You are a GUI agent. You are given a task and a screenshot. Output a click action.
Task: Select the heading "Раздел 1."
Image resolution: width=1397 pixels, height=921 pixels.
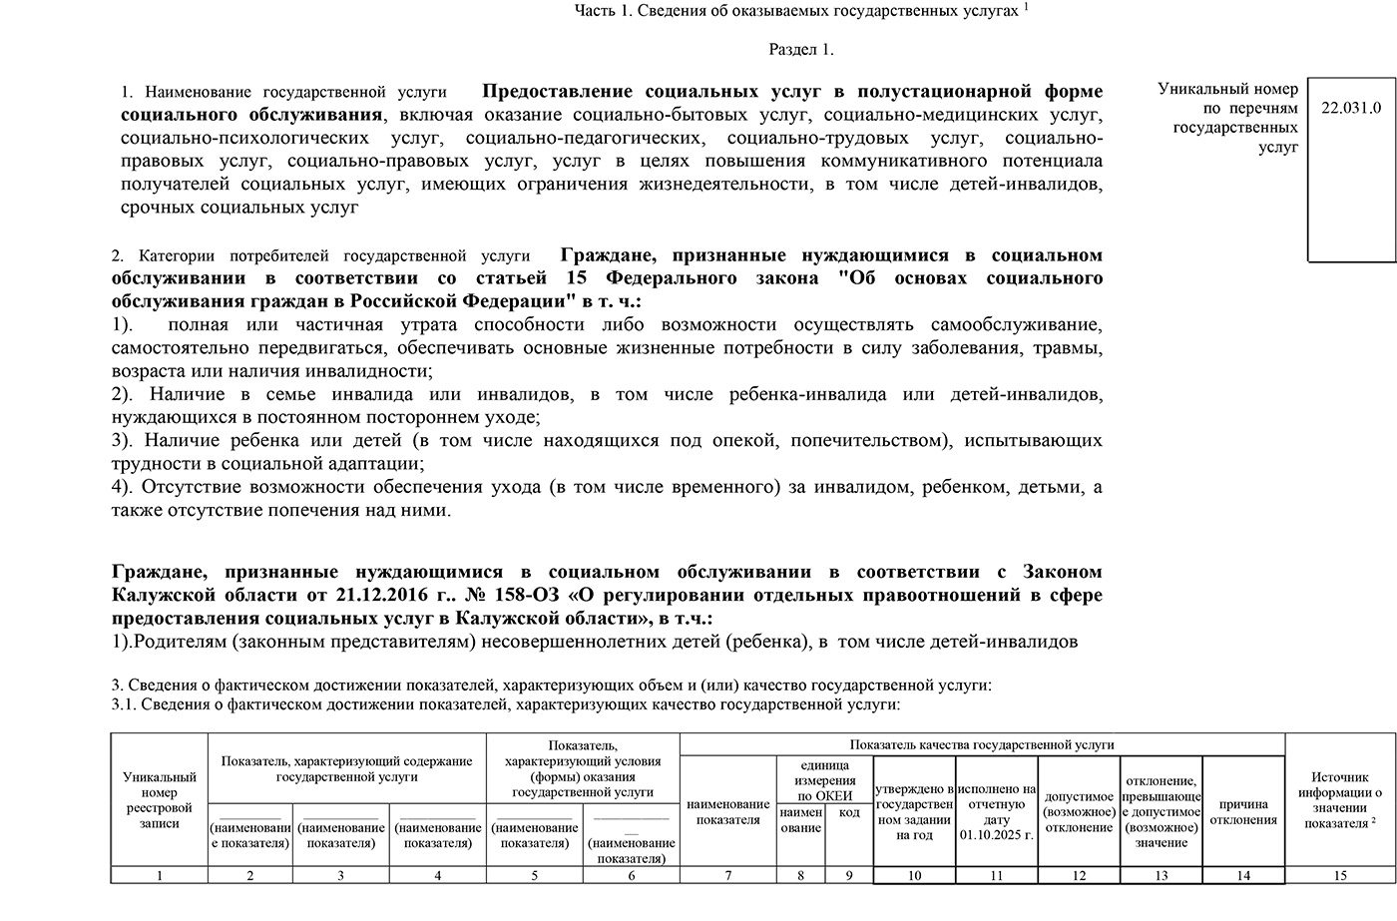pos(800,49)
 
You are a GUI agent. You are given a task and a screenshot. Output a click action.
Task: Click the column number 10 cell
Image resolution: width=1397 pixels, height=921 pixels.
pos(914,875)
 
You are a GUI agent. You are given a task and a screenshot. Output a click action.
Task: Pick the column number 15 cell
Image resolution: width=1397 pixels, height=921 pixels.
pos(1339,875)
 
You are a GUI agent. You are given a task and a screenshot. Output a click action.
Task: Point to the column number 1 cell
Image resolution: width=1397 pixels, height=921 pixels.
pos(159,875)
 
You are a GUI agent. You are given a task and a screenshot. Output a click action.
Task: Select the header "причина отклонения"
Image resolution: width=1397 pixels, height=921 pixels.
pos(1242,811)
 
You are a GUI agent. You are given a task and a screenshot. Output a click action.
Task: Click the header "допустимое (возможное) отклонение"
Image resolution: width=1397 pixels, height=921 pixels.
pos(1079,811)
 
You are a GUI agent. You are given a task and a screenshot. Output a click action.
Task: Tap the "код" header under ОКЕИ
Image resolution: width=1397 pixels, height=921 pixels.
pos(849,813)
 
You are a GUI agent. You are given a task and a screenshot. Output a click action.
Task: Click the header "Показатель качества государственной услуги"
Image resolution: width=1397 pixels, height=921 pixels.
pos(982,744)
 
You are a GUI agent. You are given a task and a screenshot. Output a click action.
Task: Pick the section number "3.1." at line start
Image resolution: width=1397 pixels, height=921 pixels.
pos(125,704)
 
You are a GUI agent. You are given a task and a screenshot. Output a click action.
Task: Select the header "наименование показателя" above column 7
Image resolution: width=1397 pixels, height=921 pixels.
pos(728,811)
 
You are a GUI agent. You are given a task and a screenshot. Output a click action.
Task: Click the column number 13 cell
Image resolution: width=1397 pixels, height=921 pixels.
pos(1161,875)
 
